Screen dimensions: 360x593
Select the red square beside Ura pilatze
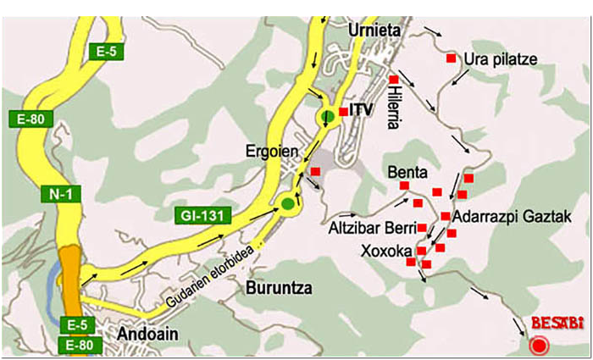pos(451,58)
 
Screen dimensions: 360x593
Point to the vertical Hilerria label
pos(393,108)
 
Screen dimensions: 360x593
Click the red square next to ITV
pos(342,112)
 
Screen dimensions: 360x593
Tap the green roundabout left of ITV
pos(327,116)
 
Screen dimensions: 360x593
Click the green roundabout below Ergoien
pos(288,202)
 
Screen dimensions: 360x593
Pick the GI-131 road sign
pos(202,216)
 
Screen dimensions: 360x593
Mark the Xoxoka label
pos(385,251)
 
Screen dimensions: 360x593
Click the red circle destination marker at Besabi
pos(537,345)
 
